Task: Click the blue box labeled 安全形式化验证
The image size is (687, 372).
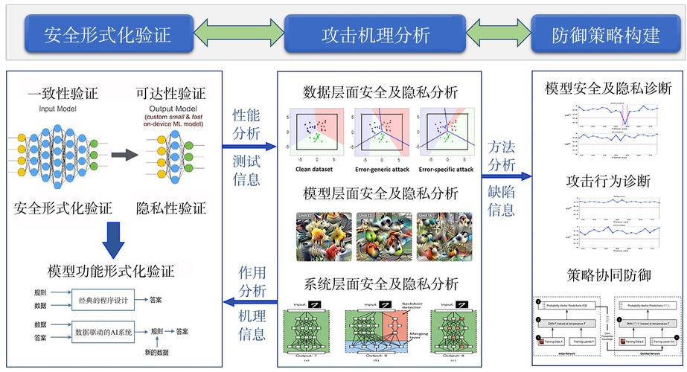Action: coord(107,34)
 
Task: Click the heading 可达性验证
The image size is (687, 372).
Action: coord(170,94)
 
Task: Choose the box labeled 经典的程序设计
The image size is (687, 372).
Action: coord(102,300)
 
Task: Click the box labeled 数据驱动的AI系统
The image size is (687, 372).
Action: coord(103,331)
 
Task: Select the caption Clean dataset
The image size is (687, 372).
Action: coord(312,170)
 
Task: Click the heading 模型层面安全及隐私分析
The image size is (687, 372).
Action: coord(380,194)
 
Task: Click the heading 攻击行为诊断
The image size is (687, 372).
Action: coord(609,181)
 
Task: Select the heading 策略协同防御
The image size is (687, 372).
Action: coord(609,276)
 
